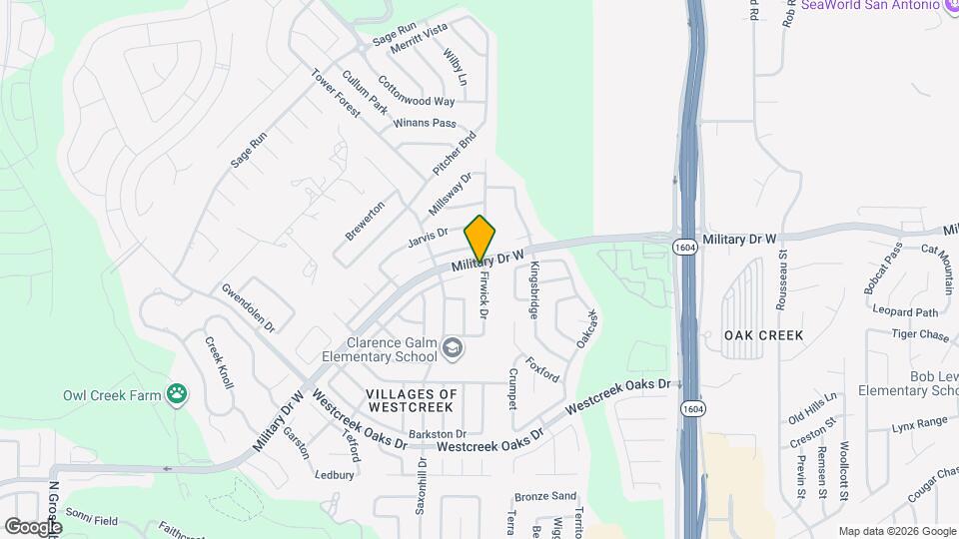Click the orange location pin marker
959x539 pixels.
click(480, 239)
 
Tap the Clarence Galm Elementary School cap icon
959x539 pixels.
click(454, 348)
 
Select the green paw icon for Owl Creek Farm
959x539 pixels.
click(178, 394)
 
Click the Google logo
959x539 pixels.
click(33, 526)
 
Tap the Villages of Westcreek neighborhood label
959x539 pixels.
click(412, 400)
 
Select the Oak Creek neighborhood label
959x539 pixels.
click(764, 335)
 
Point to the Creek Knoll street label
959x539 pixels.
click(220, 362)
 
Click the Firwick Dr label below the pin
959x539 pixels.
click(483, 295)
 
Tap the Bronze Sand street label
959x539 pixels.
click(545, 496)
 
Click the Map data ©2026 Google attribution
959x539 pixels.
click(895, 531)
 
